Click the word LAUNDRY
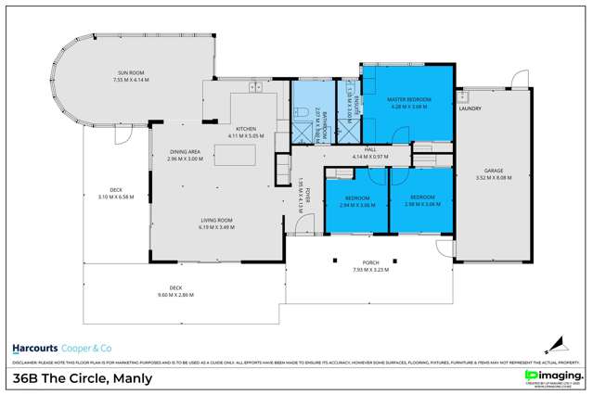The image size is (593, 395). click(472, 108)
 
